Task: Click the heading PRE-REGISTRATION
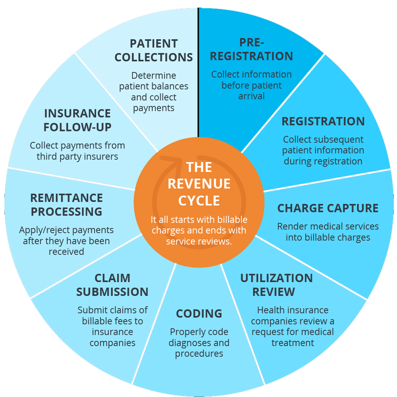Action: pos(251,49)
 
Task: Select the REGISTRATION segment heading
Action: pos(323,121)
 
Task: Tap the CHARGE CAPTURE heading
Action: pos(328,208)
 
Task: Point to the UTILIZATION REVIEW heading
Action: pos(276,285)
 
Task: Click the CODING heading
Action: pos(199,313)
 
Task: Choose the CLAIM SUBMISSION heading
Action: pos(112,285)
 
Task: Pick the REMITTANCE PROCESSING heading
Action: pos(67,205)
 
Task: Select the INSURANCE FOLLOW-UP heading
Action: pos(77,120)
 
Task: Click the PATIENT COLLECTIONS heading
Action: pos(154,50)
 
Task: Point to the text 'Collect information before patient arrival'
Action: pos(251,85)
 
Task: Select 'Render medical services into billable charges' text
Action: pos(328,232)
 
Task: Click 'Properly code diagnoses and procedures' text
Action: pos(199,343)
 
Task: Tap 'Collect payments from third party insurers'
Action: pos(77,151)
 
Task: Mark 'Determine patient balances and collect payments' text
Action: pos(154,92)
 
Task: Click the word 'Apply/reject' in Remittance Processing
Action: pos(45,230)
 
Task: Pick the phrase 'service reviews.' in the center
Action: pos(199,242)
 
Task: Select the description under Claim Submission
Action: pos(112,327)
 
